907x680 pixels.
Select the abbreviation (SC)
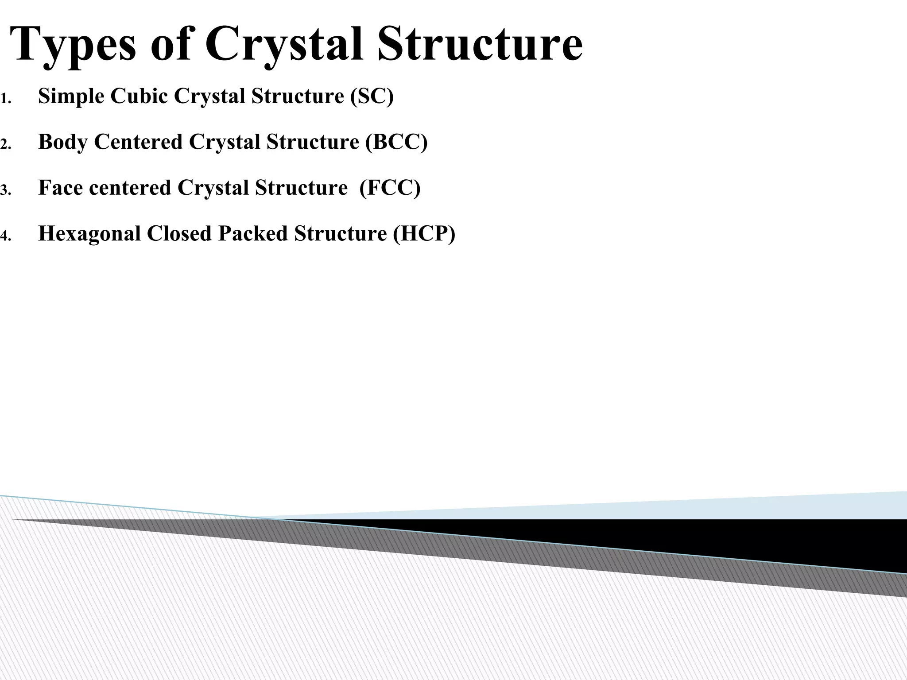[372, 96]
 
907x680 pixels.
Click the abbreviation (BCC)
[396, 142]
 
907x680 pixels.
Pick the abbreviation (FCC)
[390, 188]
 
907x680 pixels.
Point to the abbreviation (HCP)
[424, 234]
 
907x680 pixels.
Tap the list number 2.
[5, 145]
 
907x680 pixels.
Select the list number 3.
[5, 191]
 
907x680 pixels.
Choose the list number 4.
[5, 236]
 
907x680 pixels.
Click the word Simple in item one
[71, 97]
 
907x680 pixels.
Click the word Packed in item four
[252, 234]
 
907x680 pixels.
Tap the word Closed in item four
[179, 234]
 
